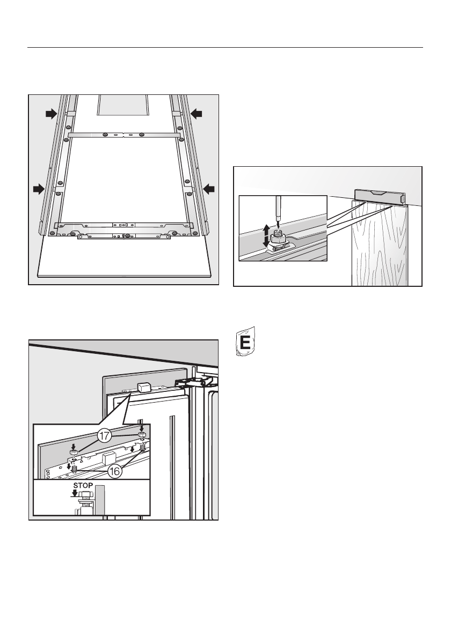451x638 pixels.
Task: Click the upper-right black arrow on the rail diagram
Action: click(x=197, y=113)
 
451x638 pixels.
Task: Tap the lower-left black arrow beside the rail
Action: click(x=38, y=188)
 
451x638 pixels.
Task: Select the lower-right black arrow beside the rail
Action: click(x=209, y=188)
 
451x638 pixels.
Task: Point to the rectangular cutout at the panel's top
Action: click(x=124, y=105)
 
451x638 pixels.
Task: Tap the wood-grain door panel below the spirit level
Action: click(x=379, y=247)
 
